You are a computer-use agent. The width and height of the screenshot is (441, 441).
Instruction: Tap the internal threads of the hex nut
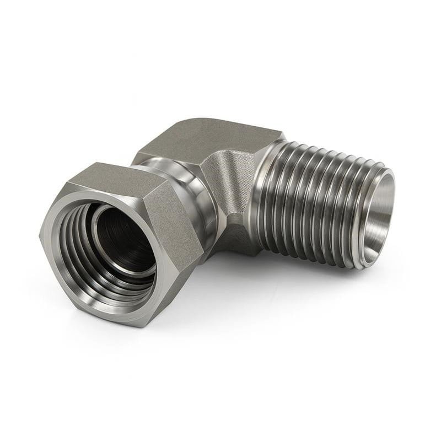(83, 259)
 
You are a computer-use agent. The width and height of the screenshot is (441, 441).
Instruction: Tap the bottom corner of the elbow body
(243, 251)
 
